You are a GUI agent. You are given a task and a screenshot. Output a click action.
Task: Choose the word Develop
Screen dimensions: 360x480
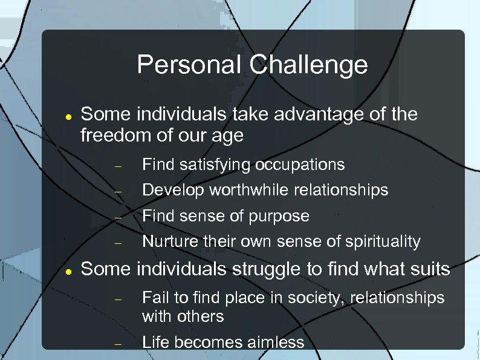tap(174, 190)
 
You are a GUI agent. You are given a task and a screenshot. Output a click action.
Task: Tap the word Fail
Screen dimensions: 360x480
tap(154, 298)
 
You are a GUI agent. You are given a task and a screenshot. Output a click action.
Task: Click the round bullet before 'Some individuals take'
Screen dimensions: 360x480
tap(69, 116)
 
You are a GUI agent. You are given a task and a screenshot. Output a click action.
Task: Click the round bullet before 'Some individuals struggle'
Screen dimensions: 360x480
tap(69, 270)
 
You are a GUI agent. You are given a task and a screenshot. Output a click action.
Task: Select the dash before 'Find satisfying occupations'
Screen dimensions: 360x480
tap(118, 166)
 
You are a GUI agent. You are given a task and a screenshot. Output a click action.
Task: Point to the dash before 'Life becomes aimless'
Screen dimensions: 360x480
tap(118, 344)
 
